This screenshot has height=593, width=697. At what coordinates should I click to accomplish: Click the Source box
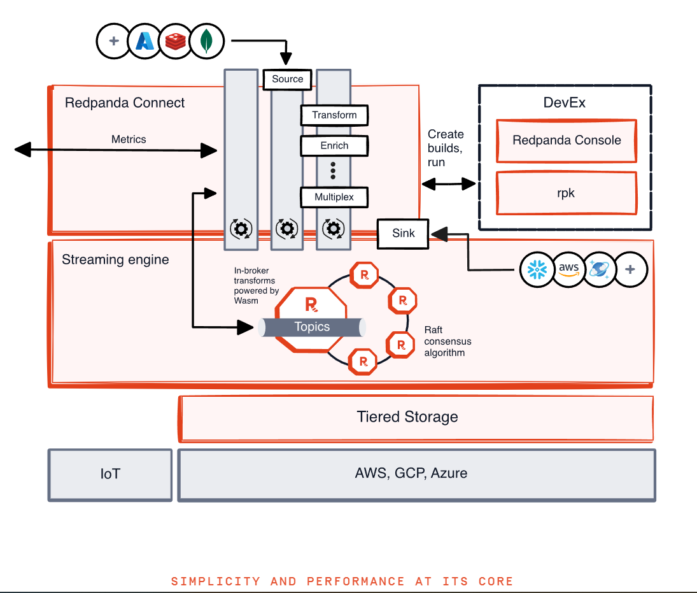[x=287, y=80]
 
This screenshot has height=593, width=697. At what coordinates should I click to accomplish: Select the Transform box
[x=334, y=115]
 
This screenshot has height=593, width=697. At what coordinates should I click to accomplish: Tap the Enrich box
[x=334, y=146]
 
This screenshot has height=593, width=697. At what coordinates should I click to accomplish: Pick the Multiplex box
[x=334, y=197]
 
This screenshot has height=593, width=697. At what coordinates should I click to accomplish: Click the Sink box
[x=403, y=234]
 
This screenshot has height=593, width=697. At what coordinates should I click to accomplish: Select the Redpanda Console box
[x=567, y=141]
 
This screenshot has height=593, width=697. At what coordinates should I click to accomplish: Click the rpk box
[x=567, y=193]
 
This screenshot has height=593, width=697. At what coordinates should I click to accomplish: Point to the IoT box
[x=110, y=475]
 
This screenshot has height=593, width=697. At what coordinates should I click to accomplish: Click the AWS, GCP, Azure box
[x=416, y=475]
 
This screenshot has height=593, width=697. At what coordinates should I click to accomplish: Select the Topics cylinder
[x=312, y=327]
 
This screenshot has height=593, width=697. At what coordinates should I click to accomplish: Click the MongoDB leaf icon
[x=207, y=41]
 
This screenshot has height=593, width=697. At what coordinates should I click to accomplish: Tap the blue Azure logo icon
[x=144, y=41]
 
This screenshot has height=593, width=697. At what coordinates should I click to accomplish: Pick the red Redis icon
[x=176, y=41]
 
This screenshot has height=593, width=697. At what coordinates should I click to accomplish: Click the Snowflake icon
[x=537, y=269]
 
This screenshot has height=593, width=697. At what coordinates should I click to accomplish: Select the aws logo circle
[x=568, y=269]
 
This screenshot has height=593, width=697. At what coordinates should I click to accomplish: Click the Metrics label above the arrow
[x=129, y=139]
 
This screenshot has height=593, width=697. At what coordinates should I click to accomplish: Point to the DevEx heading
[x=564, y=103]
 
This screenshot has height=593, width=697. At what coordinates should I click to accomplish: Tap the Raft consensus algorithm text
[x=447, y=341]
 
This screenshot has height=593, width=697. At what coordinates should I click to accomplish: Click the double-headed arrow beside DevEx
[x=449, y=183]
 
